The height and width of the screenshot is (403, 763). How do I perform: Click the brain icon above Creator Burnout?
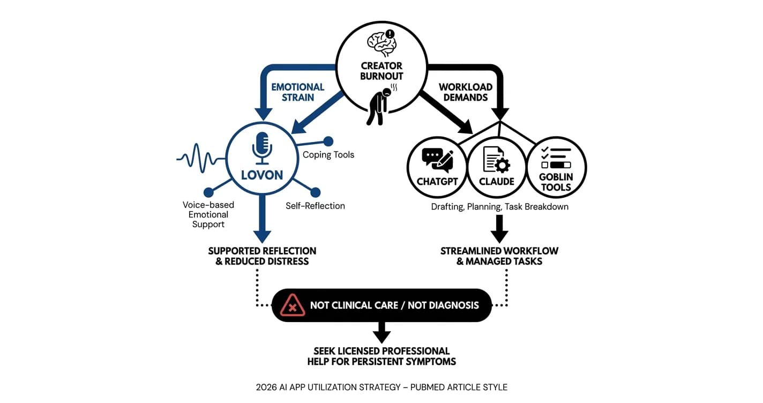pos(381,43)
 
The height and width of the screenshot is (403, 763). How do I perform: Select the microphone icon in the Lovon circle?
pos(262,148)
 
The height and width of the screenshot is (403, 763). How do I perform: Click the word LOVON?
pos(262,175)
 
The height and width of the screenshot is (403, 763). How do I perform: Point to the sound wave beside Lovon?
pos(201,158)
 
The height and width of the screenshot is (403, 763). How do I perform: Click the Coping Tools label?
pos(328,155)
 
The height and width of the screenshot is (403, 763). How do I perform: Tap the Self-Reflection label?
pos(315,206)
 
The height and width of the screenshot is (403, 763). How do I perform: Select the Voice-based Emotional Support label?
pos(208,214)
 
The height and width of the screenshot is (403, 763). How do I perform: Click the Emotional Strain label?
pos(297,92)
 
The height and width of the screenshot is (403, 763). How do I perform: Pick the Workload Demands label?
pos(465,92)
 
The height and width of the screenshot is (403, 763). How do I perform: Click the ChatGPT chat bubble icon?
pos(437,160)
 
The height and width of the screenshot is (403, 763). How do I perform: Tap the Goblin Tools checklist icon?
pos(556,158)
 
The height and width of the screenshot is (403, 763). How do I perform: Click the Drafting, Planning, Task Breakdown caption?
pos(499,207)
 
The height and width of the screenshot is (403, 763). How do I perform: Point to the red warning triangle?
pos(292,305)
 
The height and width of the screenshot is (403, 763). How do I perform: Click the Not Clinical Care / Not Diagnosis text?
pos(394,305)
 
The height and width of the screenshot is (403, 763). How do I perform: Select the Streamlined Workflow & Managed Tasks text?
pos(499,256)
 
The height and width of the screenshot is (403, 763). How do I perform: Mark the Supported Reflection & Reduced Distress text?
pos(262,256)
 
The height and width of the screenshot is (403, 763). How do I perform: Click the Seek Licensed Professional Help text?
pos(381,356)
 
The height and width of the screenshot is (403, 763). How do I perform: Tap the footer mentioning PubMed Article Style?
pos(381,387)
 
